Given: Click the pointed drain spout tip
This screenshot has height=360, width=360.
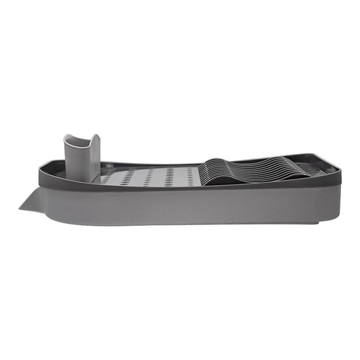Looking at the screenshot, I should point(20,209).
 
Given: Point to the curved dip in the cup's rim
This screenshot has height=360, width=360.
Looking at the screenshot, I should point(80,141).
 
